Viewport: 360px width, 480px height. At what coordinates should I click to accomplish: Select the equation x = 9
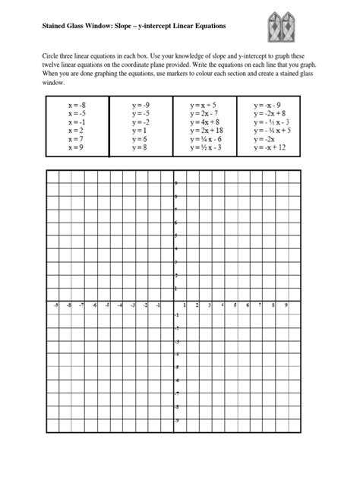pos(78,147)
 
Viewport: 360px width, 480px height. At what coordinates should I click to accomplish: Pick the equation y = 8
pos(141,147)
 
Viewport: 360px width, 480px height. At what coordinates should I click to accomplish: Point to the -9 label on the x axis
pos(58,306)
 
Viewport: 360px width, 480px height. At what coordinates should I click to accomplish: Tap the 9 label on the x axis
pos(286,306)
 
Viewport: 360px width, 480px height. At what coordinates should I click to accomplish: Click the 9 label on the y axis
pos(176,184)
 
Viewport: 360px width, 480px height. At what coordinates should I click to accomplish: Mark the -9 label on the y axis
pos(176,420)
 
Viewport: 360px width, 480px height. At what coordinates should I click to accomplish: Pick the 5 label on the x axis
pos(235,306)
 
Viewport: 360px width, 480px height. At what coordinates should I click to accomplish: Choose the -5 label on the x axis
pos(108,306)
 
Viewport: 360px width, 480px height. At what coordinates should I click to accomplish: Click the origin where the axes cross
pos(172,302)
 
